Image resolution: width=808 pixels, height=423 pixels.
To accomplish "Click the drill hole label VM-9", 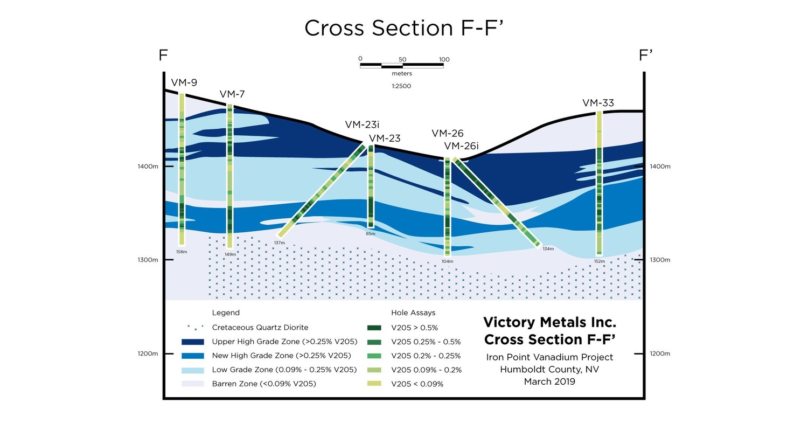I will point(184,82).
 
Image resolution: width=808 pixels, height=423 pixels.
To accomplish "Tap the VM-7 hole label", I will point(232,94).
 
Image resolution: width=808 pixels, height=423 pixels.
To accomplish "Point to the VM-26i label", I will point(461,146).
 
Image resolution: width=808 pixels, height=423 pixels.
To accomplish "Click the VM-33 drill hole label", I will point(598,103).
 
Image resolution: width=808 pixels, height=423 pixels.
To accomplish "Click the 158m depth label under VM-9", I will point(182,252).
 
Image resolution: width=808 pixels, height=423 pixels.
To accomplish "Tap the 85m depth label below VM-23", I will point(371,234).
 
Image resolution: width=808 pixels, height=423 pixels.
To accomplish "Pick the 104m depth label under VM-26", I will point(447,261).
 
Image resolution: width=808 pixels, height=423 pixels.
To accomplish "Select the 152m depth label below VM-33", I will point(599,261).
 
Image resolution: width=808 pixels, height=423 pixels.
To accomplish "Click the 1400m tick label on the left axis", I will point(148,167).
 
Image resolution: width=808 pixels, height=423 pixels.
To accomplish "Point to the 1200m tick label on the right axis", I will point(660,354).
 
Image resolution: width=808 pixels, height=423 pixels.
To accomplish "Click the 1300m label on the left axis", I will point(148,260).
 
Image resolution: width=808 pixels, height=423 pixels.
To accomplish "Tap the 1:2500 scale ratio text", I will point(401,86).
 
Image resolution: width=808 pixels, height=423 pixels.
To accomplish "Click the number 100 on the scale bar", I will point(444,60).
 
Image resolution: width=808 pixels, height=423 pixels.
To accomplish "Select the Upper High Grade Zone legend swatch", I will point(193,342).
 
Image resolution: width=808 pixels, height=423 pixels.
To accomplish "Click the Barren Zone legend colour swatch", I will point(193,384).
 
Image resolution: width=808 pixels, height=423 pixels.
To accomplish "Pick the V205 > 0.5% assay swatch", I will point(374,328).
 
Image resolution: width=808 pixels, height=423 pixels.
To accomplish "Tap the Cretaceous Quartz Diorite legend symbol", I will point(194,327).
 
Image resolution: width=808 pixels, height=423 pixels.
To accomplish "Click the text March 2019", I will point(549,382).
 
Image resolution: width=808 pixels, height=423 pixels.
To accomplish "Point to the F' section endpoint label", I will point(645,56).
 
